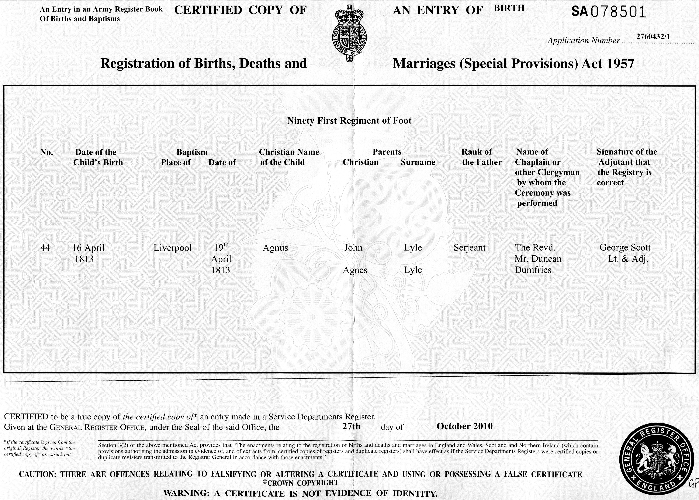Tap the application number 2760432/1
653,36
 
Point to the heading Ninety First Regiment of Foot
349,120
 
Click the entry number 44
45,247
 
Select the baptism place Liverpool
173,248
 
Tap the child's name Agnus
275,248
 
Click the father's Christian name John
353,247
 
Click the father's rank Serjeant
469,247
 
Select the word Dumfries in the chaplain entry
533,270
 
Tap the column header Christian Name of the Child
289,157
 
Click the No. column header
46,152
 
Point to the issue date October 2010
464,426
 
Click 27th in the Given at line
351,426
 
